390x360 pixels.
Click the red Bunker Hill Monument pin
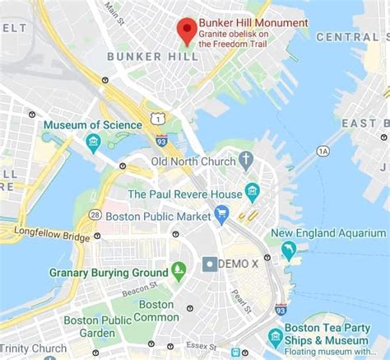[x=188, y=30]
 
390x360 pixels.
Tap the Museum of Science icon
[x=93, y=141]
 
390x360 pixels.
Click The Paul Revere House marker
[x=252, y=193]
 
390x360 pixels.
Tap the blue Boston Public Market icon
[x=221, y=215]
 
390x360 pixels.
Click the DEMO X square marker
[x=211, y=264]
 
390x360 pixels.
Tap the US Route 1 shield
[x=156, y=120]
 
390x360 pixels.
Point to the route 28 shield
[x=95, y=215]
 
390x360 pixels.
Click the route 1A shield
[x=323, y=151]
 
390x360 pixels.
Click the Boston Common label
[x=156, y=311]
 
